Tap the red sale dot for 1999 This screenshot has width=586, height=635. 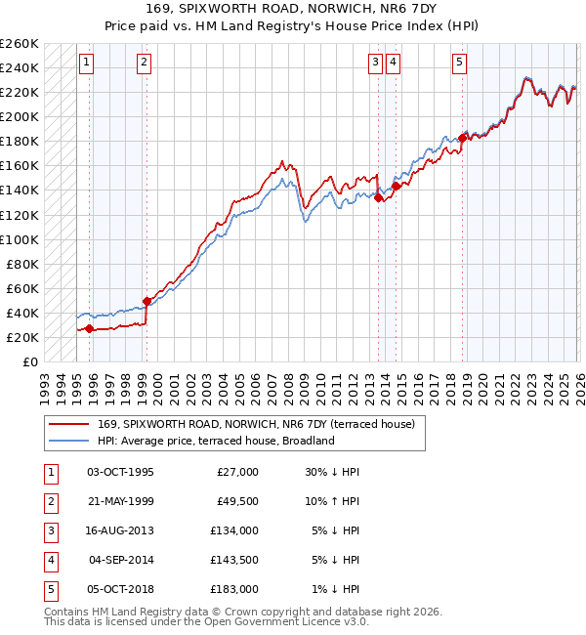point(146,301)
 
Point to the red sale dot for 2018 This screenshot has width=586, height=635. point(462,138)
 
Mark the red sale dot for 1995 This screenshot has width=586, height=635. point(89,329)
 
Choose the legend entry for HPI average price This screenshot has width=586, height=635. point(216,441)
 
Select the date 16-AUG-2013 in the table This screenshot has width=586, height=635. point(120,530)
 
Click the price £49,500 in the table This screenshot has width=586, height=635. point(236,501)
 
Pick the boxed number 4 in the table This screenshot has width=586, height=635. point(48,560)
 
